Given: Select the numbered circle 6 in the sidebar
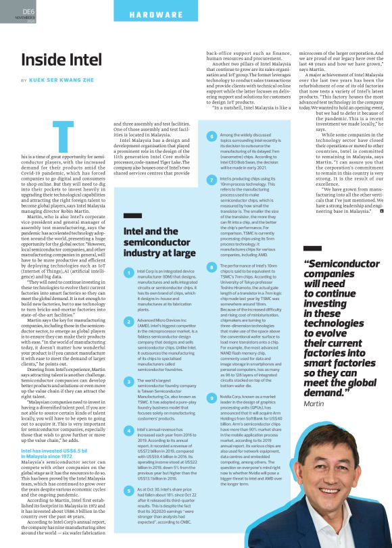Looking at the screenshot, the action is pyautogui.click(x=212, y=136).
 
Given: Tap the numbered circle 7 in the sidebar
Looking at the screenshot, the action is pyautogui.click(x=212, y=178).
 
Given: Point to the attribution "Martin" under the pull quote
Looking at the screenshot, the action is pyautogui.click(x=314, y=403).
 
